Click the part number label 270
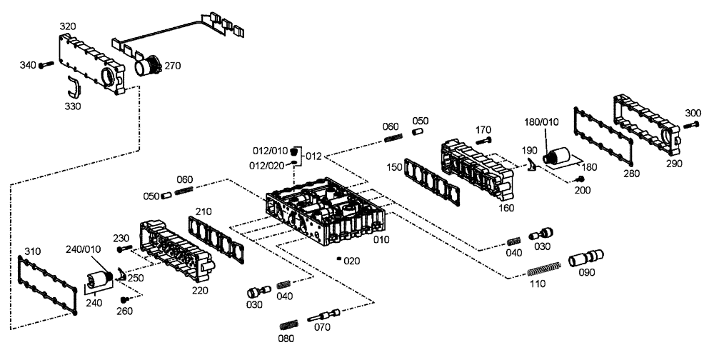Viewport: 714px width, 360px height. point(173,66)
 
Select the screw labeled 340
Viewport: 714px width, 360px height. point(44,65)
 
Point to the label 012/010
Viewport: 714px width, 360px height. point(271,151)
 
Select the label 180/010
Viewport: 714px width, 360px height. point(541,121)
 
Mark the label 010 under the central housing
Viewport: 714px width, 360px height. point(381,239)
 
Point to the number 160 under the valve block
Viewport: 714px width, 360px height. point(507,209)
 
